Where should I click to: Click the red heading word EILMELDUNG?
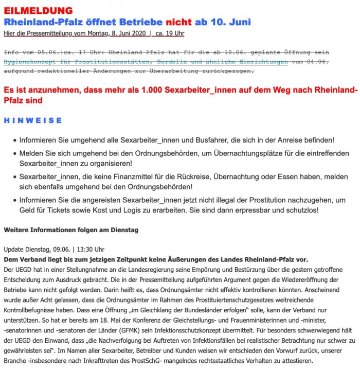(38, 11)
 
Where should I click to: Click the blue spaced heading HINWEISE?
(33, 120)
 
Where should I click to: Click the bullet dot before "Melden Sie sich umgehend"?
(13, 154)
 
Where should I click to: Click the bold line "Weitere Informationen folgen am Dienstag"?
(71, 230)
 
